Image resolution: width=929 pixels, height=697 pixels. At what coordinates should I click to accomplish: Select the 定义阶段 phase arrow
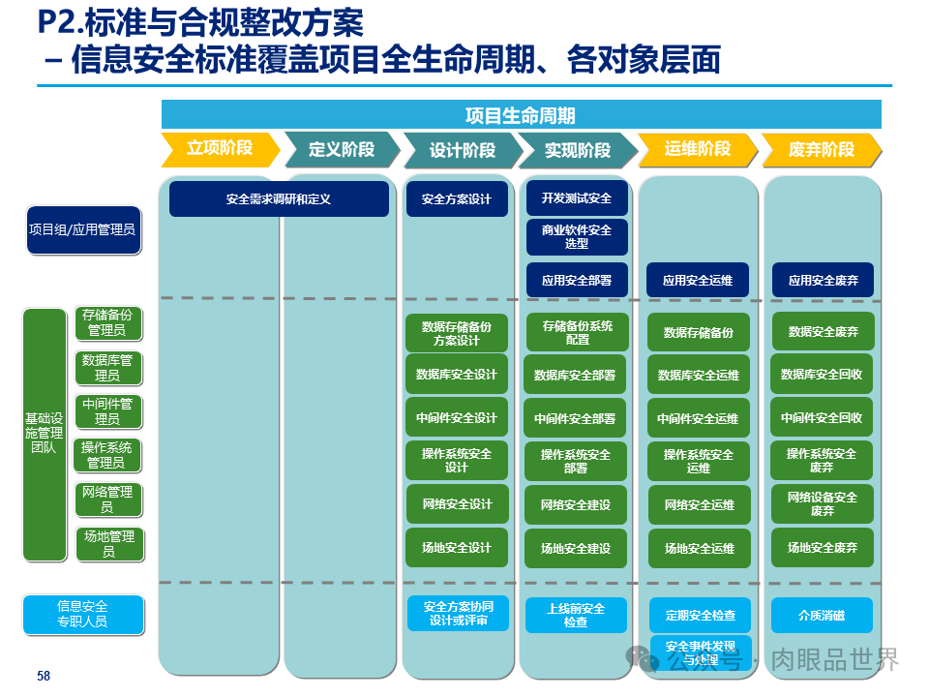coord(341,150)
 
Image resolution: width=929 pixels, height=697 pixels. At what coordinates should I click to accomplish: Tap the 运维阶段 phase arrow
coord(697,149)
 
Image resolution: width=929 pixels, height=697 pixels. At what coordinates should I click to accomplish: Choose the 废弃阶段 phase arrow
coord(822,150)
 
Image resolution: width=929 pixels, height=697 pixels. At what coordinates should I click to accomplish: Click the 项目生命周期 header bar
coord(521,116)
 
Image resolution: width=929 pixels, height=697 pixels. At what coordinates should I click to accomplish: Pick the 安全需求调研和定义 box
coord(279,199)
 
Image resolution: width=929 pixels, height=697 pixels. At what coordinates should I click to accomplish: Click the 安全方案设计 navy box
coord(457,199)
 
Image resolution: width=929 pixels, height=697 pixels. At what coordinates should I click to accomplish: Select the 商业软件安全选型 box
coord(577,237)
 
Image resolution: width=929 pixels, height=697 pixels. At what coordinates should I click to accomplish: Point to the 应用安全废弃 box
coord(823,282)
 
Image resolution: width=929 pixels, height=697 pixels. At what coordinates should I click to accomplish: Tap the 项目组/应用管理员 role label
coord(83,230)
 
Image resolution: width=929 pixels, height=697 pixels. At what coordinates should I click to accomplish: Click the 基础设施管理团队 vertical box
coord(45,434)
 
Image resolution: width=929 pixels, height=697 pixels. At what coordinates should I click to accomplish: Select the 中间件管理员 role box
coord(108,411)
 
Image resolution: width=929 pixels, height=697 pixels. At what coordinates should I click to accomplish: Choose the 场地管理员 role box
coord(109,544)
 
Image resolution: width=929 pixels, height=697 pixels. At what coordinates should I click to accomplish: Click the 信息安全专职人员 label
coord(83,614)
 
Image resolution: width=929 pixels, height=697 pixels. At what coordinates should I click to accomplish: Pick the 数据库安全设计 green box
coord(457,375)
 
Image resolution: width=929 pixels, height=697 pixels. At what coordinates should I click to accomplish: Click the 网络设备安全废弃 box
coord(823,504)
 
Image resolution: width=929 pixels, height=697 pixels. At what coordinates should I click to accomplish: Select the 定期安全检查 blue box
coord(699,616)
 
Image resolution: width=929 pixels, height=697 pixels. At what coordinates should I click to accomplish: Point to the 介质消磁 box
coord(822,616)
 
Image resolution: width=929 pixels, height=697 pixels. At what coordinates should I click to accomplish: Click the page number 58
coord(44,676)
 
